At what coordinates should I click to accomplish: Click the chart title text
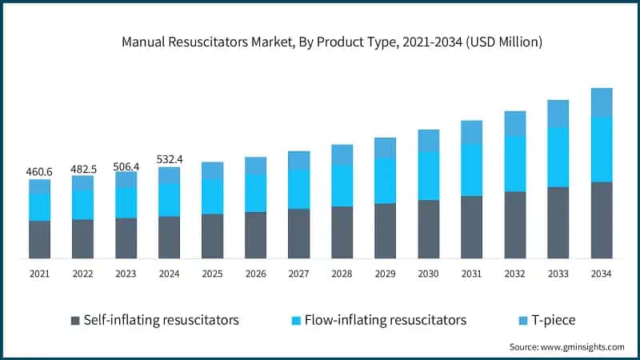tap(320, 42)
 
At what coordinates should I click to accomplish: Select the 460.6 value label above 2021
tap(40, 171)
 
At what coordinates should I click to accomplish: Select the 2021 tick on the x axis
tap(40, 274)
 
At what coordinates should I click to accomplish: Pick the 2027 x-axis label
tap(298, 274)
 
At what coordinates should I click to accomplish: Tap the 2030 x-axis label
tap(428, 274)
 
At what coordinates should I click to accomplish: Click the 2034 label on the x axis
tap(601, 274)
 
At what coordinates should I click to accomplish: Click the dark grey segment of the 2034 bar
tap(601, 220)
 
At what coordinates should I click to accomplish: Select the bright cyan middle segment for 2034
tap(601, 150)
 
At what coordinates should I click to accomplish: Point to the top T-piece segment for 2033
tap(558, 114)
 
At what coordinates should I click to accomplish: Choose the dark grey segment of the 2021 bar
tap(40, 239)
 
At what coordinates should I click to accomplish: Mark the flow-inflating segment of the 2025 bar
tap(212, 197)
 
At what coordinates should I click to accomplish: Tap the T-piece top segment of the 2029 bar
tap(385, 148)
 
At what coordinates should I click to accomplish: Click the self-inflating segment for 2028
tap(342, 232)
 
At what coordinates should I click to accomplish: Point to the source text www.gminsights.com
tap(566, 346)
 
